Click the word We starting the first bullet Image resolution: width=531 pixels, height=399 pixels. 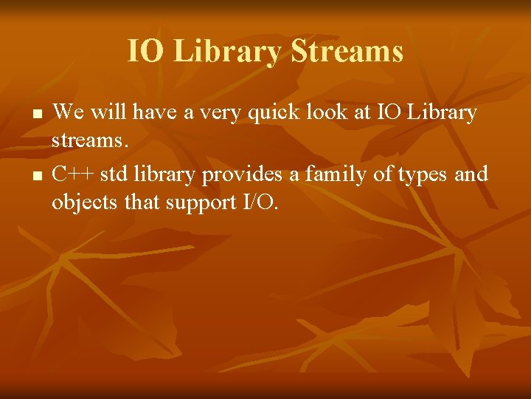tap(69, 112)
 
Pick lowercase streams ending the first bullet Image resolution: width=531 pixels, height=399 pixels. tap(88, 140)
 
